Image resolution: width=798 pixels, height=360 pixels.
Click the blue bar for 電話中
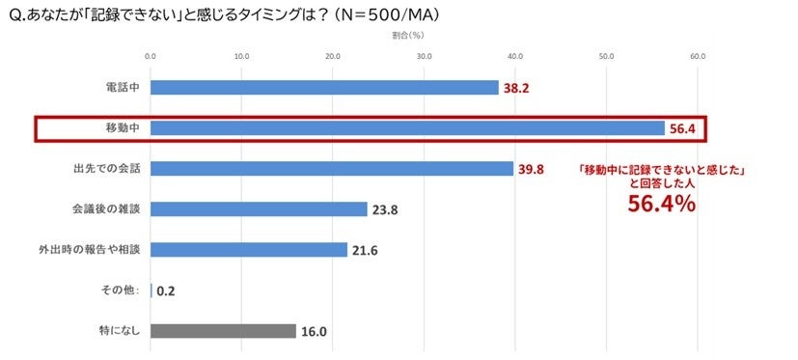pos(324,88)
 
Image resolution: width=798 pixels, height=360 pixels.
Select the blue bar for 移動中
pos(407,128)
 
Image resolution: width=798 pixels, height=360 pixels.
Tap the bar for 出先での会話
pos(332,169)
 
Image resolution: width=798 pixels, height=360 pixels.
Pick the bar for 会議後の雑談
pos(259,209)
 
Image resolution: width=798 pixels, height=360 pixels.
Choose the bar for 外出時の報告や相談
pos(249,250)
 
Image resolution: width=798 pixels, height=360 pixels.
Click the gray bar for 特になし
pos(223,331)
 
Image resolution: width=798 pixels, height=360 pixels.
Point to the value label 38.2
pos(516,88)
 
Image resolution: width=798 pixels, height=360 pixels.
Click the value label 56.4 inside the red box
pos(682,128)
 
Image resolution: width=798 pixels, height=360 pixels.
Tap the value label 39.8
pos(532,169)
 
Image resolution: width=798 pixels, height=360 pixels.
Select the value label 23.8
pos(385,209)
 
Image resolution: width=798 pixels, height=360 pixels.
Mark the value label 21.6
pos(366,250)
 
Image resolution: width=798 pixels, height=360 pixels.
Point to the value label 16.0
pos(314,331)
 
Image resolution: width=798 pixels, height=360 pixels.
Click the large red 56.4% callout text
pos(662,204)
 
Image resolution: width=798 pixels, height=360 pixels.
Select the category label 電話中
pos(122,88)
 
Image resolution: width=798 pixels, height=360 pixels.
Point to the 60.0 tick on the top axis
pos(698,56)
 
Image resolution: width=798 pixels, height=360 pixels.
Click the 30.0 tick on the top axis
pos(424,56)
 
